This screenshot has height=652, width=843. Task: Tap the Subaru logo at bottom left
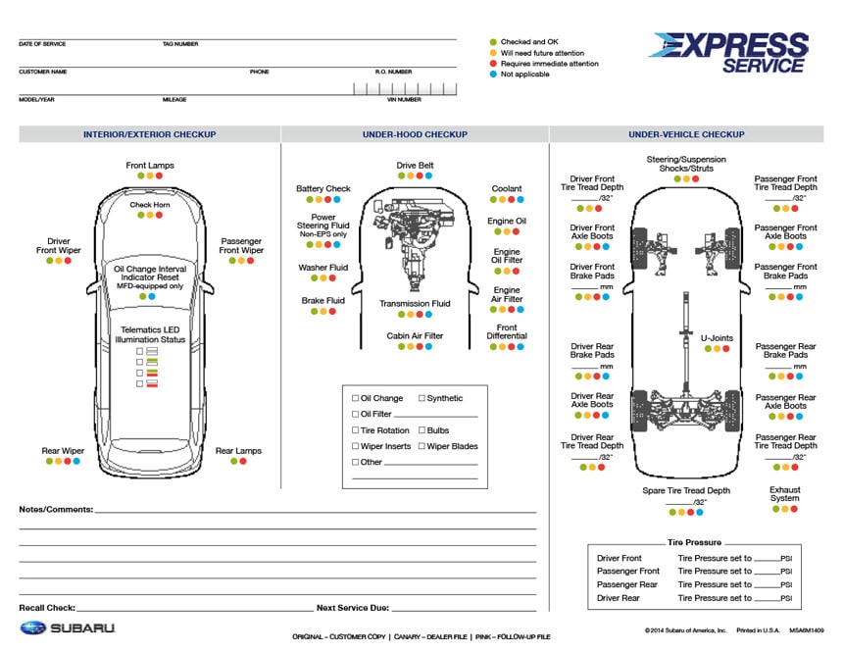coord(68,627)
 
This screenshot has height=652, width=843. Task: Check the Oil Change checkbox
coord(355,398)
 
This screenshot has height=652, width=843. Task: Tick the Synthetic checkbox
coord(422,398)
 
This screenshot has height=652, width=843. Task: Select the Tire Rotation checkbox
coord(355,430)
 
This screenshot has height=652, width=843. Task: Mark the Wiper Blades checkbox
coord(422,446)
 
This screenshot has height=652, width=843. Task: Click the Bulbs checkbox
coord(422,430)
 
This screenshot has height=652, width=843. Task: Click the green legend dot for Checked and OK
coord(493,42)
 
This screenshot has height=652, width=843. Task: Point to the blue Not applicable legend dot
coord(493,75)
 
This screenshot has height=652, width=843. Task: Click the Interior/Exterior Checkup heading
coord(149,134)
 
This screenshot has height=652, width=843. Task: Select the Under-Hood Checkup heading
coord(415,134)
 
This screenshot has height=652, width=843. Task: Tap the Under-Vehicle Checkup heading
coord(686,134)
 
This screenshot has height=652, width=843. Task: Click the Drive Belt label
coord(415,166)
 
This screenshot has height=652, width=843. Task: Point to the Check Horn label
coord(150,205)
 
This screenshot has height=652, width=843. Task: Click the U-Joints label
coord(717,338)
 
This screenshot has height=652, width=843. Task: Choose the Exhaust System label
coord(784,494)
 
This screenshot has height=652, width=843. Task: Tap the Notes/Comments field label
coord(56,510)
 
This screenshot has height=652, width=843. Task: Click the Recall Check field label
coord(47,608)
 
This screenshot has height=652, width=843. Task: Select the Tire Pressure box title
coord(694,542)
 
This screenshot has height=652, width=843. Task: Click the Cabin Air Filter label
coord(415,335)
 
